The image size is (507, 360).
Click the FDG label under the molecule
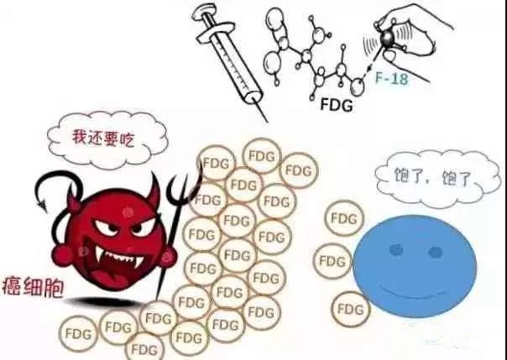pyautogui.click(x=338, y=107)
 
